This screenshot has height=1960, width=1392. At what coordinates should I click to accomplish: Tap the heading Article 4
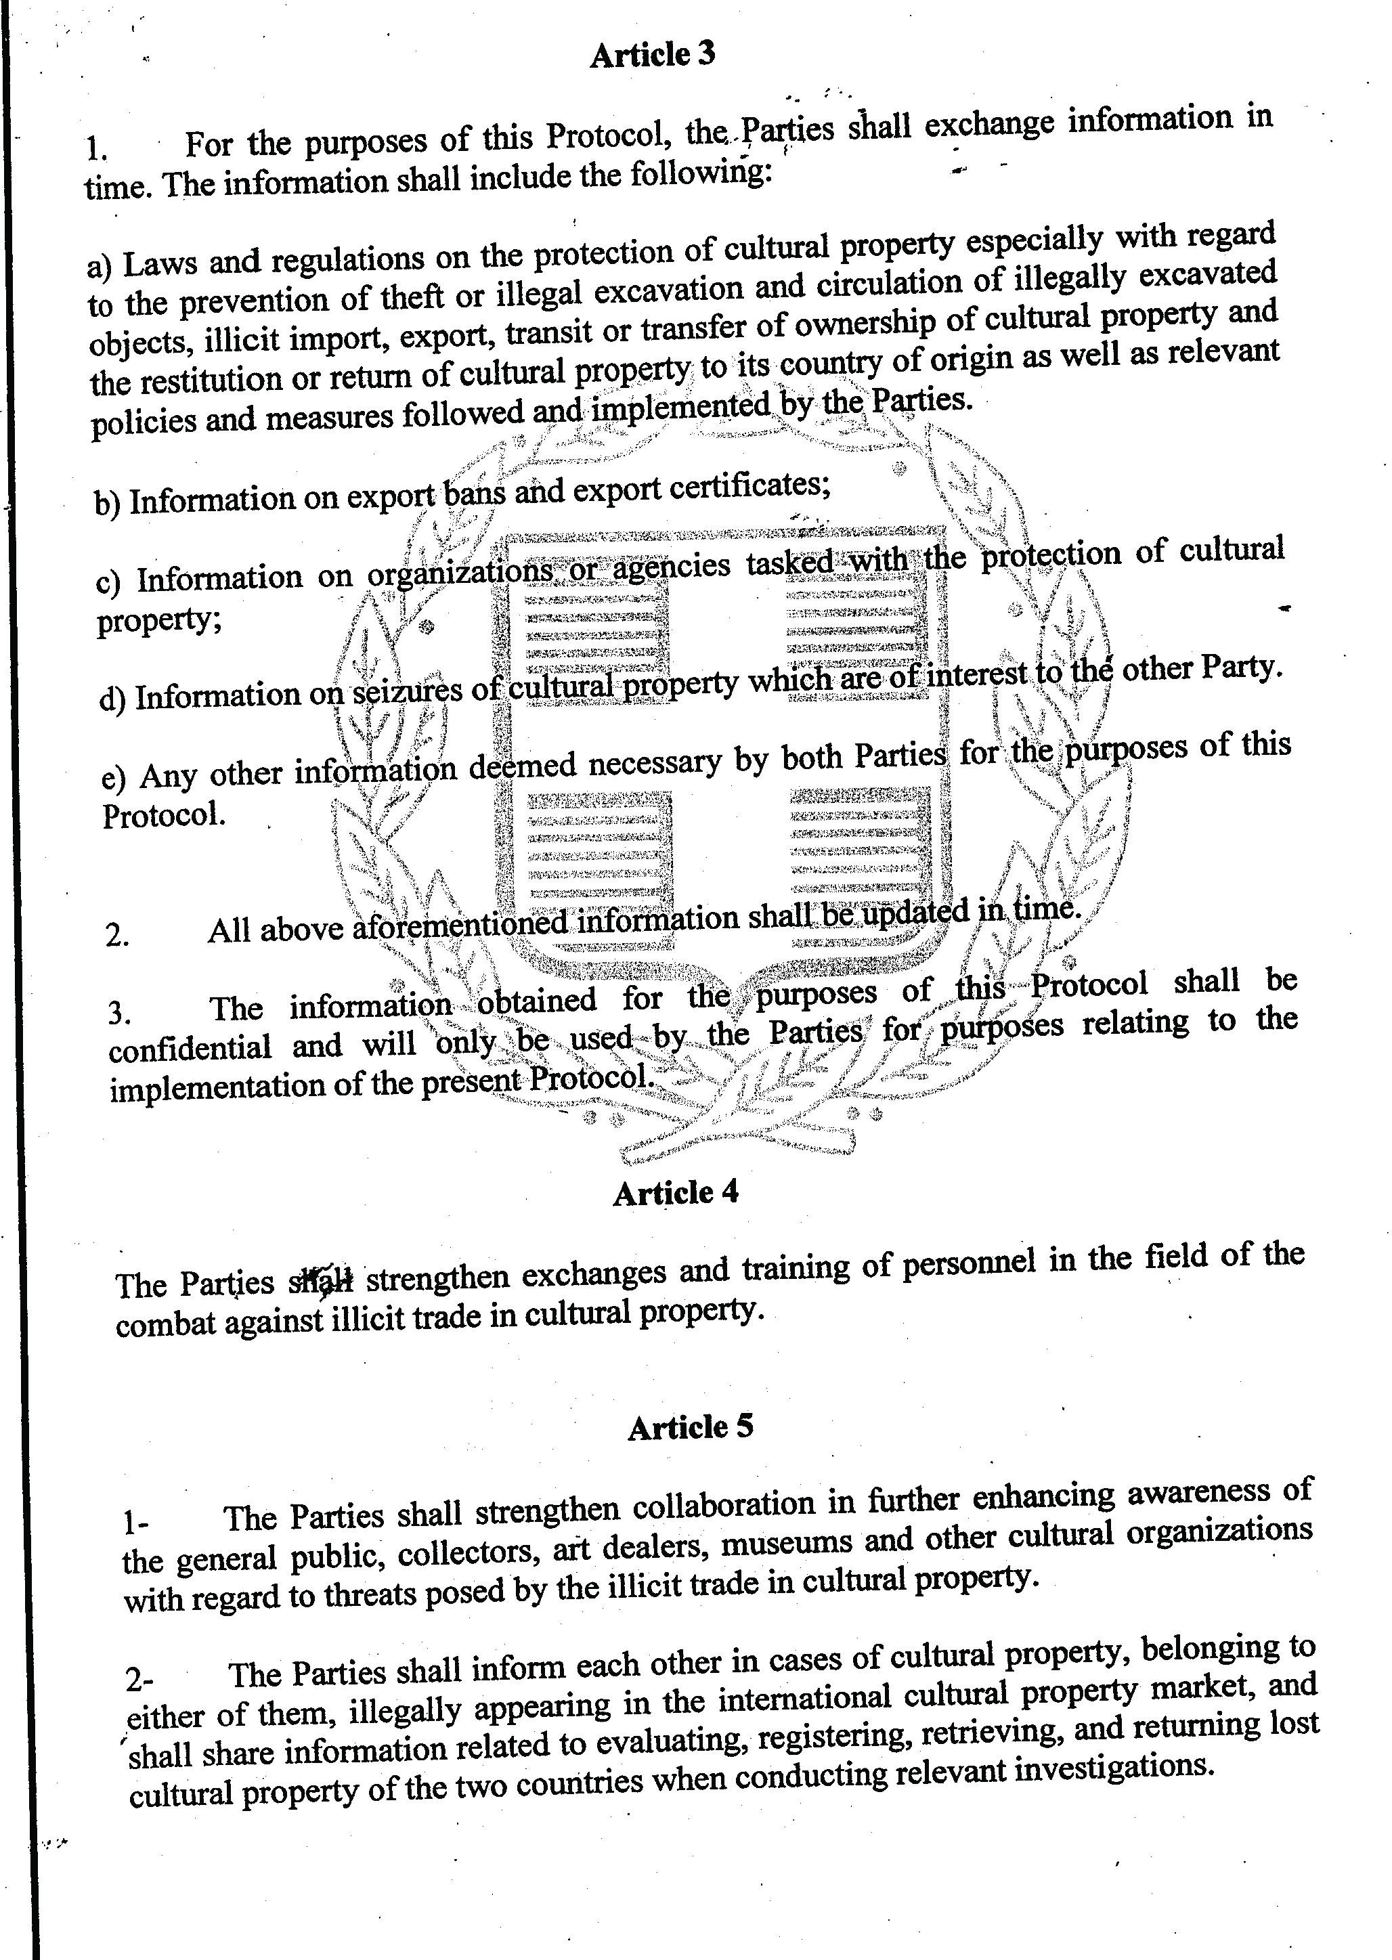[x=676, y=1192]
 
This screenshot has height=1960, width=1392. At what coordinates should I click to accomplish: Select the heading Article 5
[x=690, y=1427]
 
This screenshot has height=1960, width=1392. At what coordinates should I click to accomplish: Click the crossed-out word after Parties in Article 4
[x=320, y=1281]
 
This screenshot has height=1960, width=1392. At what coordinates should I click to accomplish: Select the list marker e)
[x=113, y=778]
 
